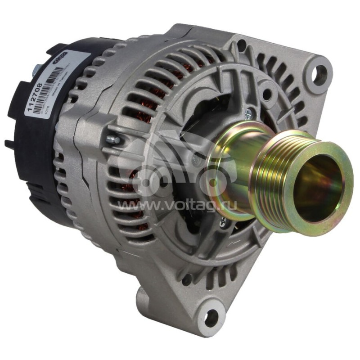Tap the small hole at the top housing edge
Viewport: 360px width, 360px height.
click(x=242, y=44)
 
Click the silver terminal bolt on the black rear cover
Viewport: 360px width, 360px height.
click(x=35, y=70)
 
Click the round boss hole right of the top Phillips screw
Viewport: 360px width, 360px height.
click(x=267, y=94)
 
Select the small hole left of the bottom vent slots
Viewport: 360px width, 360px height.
click(x=186, y=279)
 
